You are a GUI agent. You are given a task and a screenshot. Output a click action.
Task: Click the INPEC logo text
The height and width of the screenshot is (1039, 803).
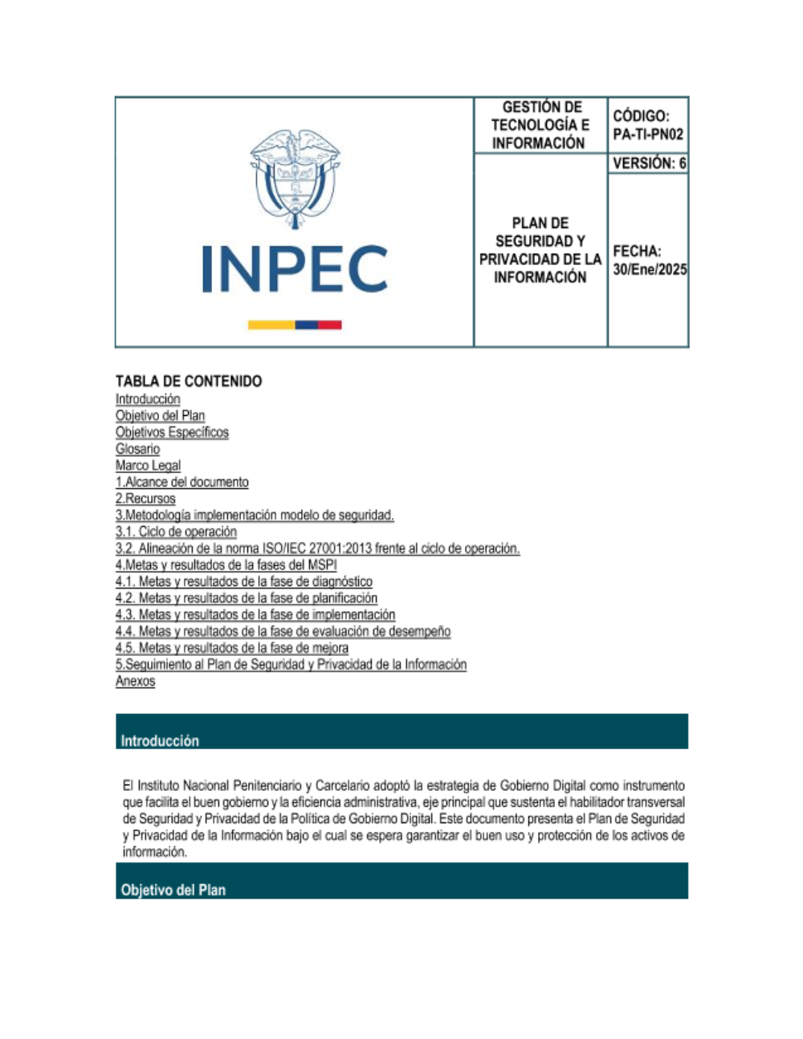(295, 269)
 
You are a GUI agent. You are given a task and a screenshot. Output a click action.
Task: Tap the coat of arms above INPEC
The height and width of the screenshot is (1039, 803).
(295, 172)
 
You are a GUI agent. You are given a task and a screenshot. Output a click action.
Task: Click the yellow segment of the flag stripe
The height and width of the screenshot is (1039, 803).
(271, 325)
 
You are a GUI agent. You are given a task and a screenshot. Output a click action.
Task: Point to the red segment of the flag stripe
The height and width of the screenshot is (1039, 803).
(330, 325)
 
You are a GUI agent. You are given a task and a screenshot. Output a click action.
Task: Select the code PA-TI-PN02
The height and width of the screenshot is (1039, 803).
(648, 135)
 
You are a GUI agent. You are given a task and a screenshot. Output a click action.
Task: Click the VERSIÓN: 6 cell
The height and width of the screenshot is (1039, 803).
(649, 163)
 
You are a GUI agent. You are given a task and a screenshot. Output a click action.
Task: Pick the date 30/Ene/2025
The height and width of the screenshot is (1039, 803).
(650, 270)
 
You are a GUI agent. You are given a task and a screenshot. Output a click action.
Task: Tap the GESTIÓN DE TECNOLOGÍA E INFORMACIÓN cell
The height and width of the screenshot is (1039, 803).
(540, 125)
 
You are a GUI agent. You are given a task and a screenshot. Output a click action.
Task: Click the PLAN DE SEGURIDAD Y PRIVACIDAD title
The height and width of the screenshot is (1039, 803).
(540, 250)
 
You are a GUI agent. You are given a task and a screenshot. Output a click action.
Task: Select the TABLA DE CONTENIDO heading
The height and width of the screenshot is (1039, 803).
(189, 381)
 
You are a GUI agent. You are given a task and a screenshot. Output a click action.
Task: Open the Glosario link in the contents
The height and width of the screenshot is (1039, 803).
(137, 449)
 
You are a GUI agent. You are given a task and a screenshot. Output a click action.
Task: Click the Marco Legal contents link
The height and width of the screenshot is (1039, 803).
(148, 466)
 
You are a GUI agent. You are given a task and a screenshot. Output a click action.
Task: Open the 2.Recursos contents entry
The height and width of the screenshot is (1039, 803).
(145, 499)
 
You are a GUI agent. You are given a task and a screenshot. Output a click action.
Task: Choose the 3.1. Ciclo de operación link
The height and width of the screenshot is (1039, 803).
(176, 532)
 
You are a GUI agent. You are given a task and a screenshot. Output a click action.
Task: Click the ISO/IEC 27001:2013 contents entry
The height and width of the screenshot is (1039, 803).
(317, 548)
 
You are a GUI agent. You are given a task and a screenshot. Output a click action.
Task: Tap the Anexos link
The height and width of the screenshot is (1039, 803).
(135, 681)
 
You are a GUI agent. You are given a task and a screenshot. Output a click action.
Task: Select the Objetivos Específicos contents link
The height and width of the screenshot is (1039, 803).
(172, 432)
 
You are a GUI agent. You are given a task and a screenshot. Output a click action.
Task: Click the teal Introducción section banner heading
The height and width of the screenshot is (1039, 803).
(160, 740)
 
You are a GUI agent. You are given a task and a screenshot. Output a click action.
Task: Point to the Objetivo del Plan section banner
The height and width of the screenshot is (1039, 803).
(173, 890)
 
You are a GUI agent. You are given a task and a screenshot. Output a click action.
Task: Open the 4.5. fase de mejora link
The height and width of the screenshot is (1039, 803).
(231, 648)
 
